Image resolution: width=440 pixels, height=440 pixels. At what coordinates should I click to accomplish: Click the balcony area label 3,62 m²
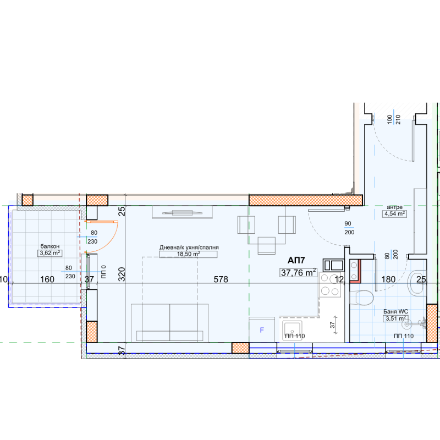(x=50, y=253)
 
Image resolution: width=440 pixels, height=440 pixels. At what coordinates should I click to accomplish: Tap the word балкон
(x=50, y=246)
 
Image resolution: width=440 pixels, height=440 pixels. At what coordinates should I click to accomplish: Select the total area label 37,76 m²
(x=298, y=272)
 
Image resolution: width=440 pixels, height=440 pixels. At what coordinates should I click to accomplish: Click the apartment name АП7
(x=296, y=260)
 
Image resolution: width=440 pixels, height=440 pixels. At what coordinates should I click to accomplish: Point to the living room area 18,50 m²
(x=188, y=254)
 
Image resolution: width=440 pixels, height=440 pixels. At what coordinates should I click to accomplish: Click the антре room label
(x=394, y=207)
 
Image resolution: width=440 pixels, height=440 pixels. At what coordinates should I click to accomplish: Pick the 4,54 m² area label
(x=394, y=213)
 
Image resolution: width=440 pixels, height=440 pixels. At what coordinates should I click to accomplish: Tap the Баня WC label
(x=395, y=311)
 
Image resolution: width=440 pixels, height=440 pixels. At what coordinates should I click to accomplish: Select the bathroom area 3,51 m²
(x=395, y=318)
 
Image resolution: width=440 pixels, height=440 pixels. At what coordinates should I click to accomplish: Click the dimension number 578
(x=221, y=279)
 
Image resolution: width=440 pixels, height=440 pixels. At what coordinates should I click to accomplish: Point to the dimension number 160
(x=47, y=279)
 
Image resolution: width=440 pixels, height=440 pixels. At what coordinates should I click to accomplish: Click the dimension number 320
(x=122, y=274)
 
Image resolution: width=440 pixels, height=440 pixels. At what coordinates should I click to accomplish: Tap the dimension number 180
(x=388, y=279)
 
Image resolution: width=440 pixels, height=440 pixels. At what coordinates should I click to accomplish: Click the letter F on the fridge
(x=262, y=330)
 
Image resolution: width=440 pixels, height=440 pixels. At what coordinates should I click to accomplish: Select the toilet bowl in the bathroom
(x=362, y=298)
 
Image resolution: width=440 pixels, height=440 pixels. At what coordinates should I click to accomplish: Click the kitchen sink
(x=292, y=331)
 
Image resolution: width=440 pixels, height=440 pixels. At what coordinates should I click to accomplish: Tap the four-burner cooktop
(x=329, y=284)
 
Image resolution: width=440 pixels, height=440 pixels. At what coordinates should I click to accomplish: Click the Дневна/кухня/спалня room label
(x=189, y=248)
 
